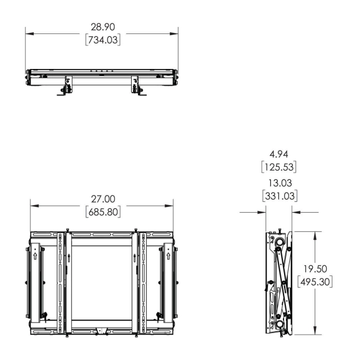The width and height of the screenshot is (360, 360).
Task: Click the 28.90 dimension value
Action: tap(102, 28)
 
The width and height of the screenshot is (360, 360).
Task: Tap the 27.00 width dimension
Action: tap(102, 199)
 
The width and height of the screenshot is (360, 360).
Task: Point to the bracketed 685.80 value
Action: tap(102, 212)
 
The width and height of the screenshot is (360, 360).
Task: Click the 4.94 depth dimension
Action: tap(278, 154)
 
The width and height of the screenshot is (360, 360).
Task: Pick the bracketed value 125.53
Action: tap(278, 167)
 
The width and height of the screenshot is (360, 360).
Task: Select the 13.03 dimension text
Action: tap(278, 183)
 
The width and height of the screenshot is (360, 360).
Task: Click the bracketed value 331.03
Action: tap(278, 196)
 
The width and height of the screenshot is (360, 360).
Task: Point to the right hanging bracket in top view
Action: tap(136, 86)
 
